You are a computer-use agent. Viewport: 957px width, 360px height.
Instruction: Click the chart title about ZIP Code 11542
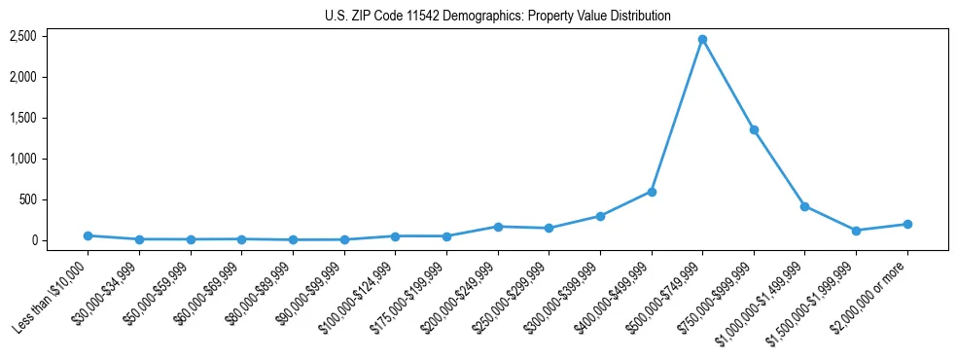click(x=498, y=16)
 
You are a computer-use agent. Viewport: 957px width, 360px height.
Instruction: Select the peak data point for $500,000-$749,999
click(x=702, y=39)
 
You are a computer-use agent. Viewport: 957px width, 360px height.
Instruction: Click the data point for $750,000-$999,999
click(x=754, y=129)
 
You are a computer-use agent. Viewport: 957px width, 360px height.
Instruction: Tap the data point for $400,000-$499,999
click(x=652, y=192)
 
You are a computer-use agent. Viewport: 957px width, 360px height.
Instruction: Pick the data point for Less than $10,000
click(x=89, y=235)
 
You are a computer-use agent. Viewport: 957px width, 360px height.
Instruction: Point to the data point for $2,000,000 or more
click(x=907, y=224)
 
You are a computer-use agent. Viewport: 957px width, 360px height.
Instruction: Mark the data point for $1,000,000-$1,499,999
click(x=804, y=206)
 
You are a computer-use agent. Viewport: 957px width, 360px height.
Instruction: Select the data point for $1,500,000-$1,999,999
click(x=856, y=231)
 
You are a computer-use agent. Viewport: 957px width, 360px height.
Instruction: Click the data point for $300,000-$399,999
click(x=600, y=216)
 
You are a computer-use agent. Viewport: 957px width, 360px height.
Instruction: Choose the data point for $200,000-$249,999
click(x=498, y=227)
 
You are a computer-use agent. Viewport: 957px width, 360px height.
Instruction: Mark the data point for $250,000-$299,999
click(x=549, y=229)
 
